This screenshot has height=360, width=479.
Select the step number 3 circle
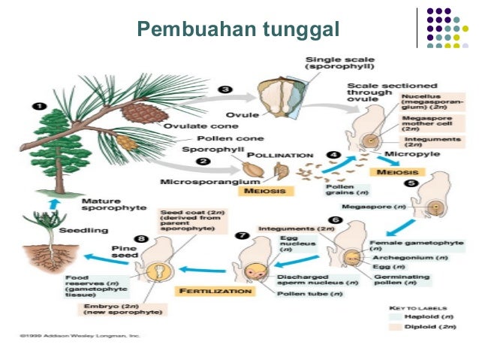pyautogui.click(x=224, y=89)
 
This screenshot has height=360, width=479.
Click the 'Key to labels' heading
pyautogui.click(x=423, y=307)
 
